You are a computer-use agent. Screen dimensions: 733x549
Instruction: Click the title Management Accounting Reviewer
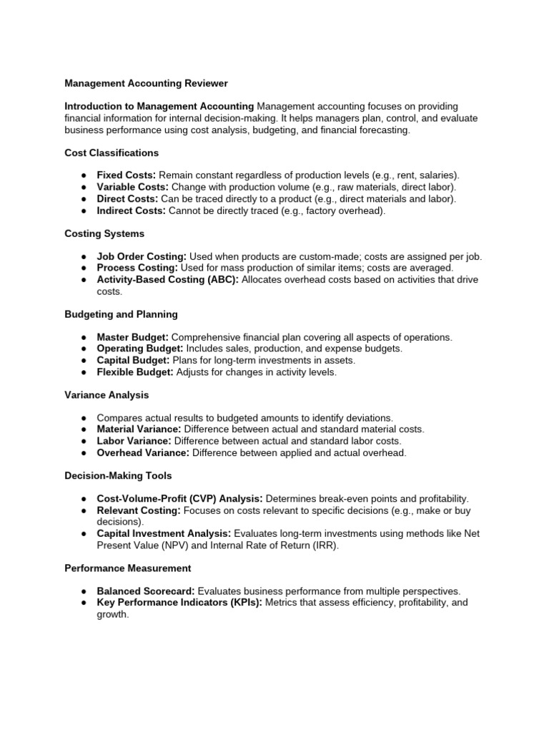pos(146,84)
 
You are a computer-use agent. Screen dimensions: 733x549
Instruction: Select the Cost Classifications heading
pos(112,152)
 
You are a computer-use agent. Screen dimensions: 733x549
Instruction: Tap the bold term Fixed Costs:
pos(126,175)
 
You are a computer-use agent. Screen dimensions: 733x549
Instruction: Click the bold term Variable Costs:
pos(132,187)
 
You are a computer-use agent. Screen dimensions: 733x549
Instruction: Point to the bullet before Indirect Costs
pos(83,210)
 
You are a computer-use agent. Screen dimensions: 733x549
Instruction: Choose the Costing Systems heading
pos(104,233)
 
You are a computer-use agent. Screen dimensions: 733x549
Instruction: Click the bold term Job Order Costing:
pos(142,256)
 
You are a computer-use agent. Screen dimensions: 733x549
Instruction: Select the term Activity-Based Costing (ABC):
pos(168,279)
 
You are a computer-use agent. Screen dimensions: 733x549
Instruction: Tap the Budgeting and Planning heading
pos(121,314)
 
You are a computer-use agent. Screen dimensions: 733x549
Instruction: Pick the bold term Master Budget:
pos(133,337)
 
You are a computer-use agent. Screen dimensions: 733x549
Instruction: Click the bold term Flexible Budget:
pos(135,372)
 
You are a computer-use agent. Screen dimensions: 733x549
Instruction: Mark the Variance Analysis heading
pos(107,394)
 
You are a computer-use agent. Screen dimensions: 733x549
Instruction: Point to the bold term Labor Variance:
pos(134,441)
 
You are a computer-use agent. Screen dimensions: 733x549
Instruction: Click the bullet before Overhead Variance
pos(83,452)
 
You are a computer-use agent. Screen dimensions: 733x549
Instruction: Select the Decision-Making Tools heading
pos(118,475)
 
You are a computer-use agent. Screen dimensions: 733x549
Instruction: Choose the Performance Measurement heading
pos(127,568)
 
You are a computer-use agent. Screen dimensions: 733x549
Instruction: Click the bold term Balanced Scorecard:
pos(145,591)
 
